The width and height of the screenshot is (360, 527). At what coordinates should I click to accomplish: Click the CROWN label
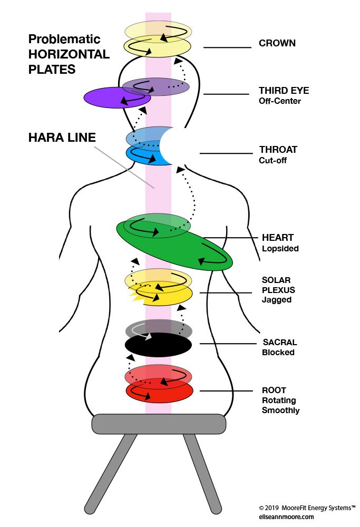coord(277,43)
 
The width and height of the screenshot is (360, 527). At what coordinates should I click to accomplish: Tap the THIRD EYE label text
coord(284,91)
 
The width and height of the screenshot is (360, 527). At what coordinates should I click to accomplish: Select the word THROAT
coord(278,149)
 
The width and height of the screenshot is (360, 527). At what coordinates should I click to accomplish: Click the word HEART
coord(278,238)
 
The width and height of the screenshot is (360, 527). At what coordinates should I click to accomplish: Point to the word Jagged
coord(276,300)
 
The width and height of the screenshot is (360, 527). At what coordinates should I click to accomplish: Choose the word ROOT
coord(274,391)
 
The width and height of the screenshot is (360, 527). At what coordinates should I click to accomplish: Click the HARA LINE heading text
coord(62,138)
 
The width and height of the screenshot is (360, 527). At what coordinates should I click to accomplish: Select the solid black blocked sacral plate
coord(158,345)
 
